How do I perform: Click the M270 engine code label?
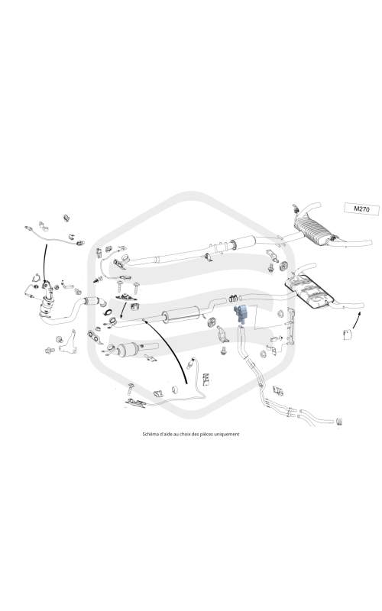[362, 209]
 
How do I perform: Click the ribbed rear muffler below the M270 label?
[314, 231]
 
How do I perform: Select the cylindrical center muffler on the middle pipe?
[181, 314]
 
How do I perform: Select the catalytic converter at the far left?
[47, 302]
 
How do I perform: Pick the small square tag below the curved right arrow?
[348, 335]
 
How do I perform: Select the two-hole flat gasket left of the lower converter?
[94, 335]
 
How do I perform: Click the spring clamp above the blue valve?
[233, 299]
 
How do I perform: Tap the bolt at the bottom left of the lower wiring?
[130, 387]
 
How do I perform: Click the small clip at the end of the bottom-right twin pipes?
[338, 421]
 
